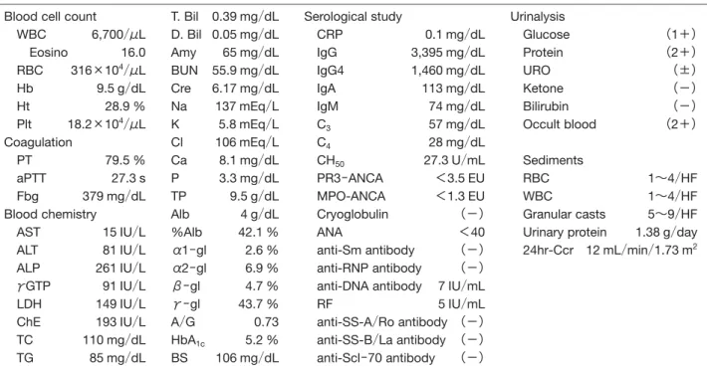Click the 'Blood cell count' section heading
50,17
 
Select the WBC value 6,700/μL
118,35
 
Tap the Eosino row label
49,53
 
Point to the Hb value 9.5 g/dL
120,89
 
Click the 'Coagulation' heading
38,143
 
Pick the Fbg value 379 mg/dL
114,196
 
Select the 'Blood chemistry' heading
50,215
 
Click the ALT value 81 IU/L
124,250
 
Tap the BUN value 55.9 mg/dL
245,71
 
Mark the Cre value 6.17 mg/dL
245,89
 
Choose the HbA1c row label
188,341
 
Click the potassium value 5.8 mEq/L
248,124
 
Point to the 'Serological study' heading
353,17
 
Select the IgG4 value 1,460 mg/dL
448,71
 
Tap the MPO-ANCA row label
351,196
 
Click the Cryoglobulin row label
353,215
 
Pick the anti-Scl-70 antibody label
375,358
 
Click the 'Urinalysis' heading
538,17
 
